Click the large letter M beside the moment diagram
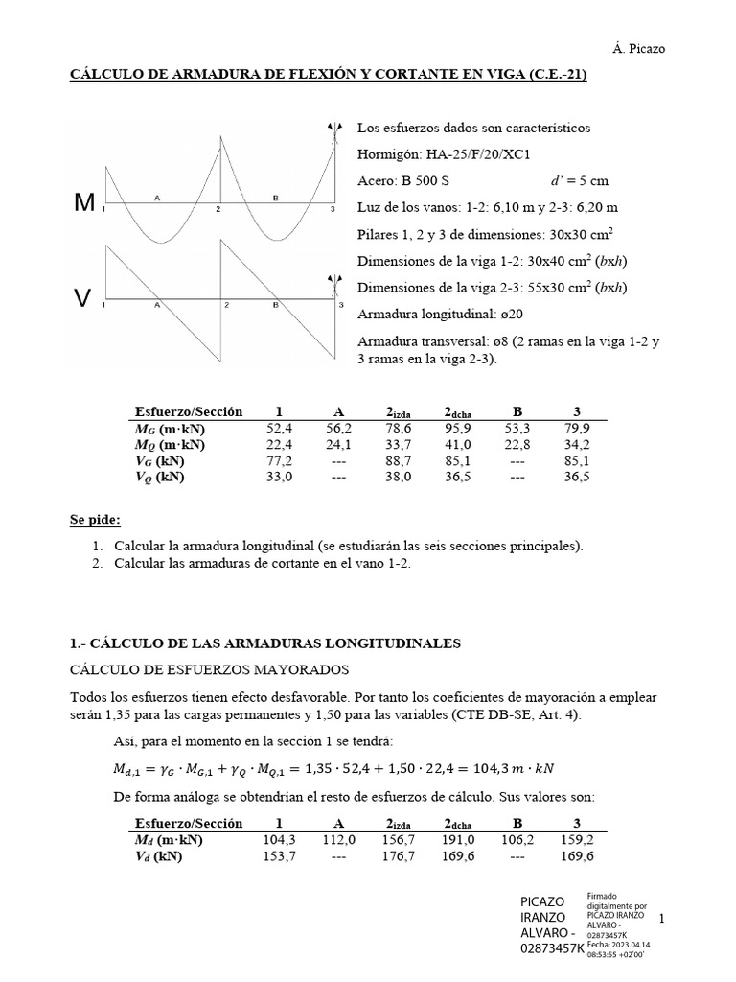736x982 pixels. click(x=85, y=203)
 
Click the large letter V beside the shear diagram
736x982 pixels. click(x=83, y=299)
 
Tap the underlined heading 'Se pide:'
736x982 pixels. click(x=95, y=520)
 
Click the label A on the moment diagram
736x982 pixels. click(x=156, y=198)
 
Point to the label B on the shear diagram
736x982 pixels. click(x=276, y=304)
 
